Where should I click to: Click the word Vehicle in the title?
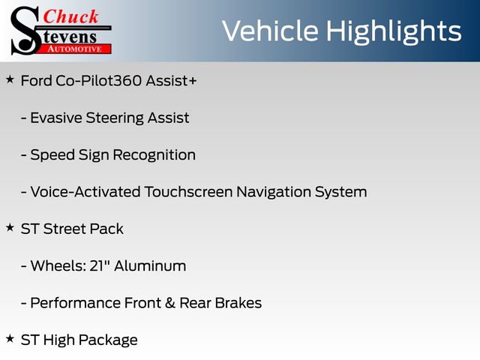(x=270, y=31)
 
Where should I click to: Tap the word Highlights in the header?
(x=394, y=32)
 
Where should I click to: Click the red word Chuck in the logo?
(x=70, y=16)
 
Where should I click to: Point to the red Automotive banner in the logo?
(x=75, y=49)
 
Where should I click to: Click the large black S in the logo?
(x=25, y=31)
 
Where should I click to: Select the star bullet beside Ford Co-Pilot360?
(x=10, y=79)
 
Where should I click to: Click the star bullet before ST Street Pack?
(x=10, y=227)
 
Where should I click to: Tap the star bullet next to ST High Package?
(x=10, y=338)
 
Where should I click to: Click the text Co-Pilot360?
(x=99, y=81)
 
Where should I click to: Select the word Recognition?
(x=154, y=155)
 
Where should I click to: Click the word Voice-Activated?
(x=85, y=192)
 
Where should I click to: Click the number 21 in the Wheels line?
(x=97, y=265)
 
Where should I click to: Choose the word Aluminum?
(x=150, y=265)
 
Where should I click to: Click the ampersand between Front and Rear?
(x=170, y=303)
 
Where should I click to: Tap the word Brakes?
(x=238, y=303)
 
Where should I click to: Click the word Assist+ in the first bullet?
(x=171, y=81)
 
